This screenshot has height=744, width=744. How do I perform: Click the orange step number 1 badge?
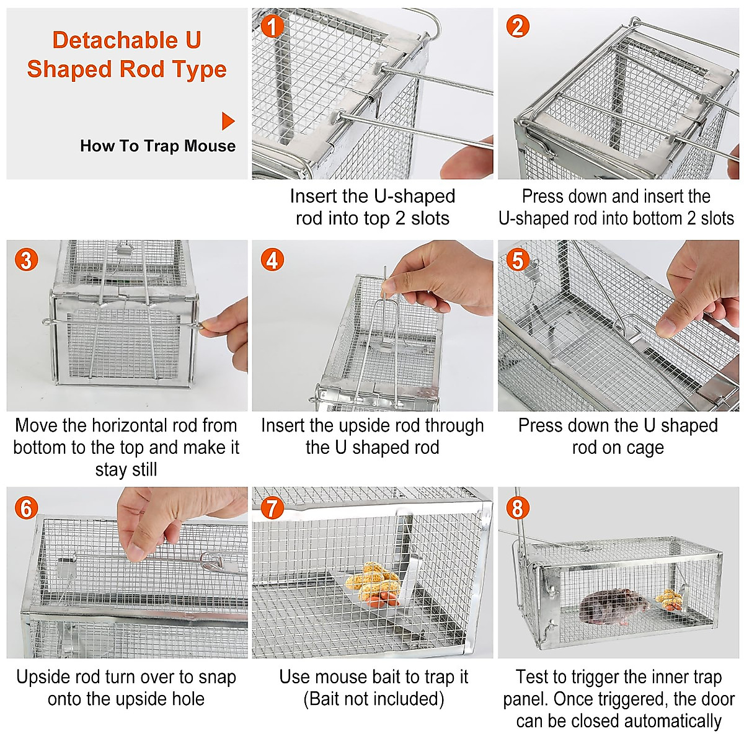point(272,26)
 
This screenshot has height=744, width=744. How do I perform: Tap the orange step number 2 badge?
point(518,26)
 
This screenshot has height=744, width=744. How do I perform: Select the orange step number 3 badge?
point(26,259)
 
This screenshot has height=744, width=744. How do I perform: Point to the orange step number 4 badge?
point(272,260)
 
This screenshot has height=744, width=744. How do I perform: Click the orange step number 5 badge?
point(518,260)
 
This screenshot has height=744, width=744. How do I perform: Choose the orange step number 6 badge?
point(26,508)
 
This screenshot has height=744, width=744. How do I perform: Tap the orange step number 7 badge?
point(272,508)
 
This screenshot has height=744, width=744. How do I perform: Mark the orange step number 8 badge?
point(518,508)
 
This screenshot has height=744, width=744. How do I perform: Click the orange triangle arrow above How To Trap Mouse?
point(228,121)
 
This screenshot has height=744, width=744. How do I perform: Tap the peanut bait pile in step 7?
point(372,583)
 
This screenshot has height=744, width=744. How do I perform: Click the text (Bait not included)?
point(373,699)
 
